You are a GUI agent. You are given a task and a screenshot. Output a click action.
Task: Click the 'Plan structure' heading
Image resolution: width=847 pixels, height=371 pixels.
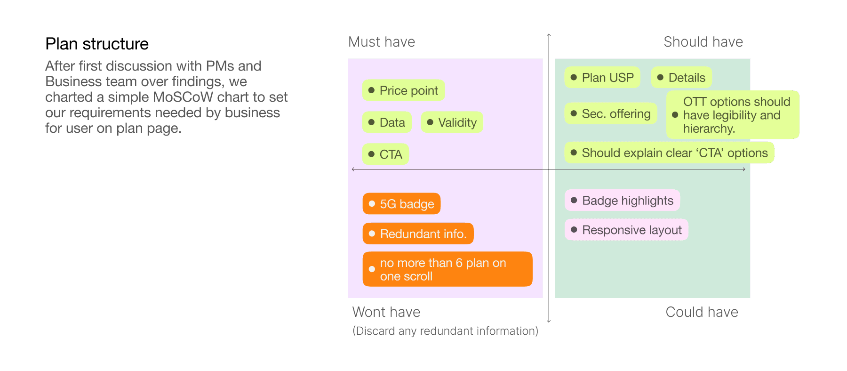tap(97, 44)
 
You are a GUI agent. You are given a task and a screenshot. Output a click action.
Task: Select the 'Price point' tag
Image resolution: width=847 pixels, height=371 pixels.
tap(403, 90)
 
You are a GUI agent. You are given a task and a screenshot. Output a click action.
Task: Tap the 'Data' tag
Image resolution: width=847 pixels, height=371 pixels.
tap(387, 122)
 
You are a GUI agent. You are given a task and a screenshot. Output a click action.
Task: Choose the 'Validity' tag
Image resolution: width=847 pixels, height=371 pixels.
tap(452, 122)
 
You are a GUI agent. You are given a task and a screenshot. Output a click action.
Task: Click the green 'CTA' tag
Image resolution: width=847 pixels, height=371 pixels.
tap(385, 154)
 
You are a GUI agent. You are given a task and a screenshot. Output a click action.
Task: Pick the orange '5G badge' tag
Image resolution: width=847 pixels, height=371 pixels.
tap(401, 203)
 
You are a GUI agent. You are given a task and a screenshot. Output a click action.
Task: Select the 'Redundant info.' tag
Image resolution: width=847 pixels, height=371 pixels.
tap(418, 234)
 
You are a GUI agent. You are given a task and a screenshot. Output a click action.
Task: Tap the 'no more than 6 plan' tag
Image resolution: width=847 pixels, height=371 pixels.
tap(447, 269)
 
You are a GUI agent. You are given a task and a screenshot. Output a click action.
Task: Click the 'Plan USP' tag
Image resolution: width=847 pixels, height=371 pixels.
tap(602, 77)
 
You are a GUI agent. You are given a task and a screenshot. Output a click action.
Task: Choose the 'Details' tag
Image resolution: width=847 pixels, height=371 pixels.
tap(681, 77)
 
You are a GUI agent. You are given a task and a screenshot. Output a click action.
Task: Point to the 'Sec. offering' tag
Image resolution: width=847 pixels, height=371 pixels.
tap(611, 113)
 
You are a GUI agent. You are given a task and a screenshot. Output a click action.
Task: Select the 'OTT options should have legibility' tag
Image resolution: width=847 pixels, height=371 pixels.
tap(733, 115)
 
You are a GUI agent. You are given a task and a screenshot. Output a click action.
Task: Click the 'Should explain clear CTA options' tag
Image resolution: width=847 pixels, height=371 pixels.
tap(669, 153)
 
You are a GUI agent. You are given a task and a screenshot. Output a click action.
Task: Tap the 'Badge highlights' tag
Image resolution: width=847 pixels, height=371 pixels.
tap(622, 200)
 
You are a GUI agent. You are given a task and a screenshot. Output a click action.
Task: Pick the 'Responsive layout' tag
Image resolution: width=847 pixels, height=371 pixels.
tap(626, 230)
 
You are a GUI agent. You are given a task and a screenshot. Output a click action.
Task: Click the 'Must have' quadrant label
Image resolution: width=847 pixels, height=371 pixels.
tap(382, 42)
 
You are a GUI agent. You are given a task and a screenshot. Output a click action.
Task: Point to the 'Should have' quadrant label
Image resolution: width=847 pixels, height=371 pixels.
tap(703, 42)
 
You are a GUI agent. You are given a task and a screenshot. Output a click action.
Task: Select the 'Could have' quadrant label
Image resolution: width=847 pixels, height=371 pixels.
tap(702, 312)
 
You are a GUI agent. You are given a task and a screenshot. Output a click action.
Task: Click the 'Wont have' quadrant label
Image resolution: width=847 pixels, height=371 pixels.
tap(386, 312)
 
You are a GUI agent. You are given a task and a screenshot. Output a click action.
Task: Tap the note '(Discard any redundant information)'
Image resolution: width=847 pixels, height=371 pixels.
tap(445, 331)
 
